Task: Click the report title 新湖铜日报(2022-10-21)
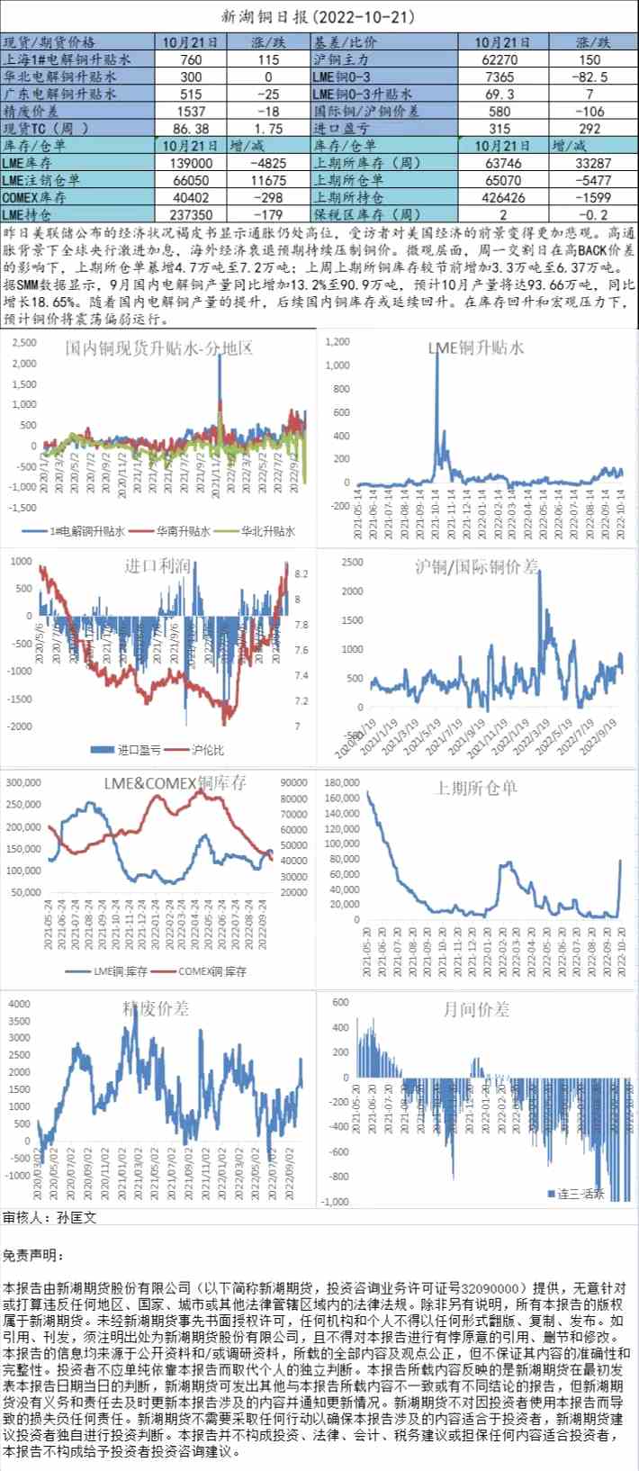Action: click(x=319, y=17)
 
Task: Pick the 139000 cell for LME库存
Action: click(x=191, y=163)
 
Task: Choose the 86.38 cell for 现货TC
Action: click(x=191, y=129)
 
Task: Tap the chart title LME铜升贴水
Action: click(x=477, y=347)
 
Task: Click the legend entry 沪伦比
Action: click(x=207, y=749)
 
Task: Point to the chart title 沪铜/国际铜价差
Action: click(x=477, y=566)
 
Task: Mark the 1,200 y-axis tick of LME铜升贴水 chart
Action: click(x=337, y=342)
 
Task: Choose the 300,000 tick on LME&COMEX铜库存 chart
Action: click(x=23, y=782)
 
